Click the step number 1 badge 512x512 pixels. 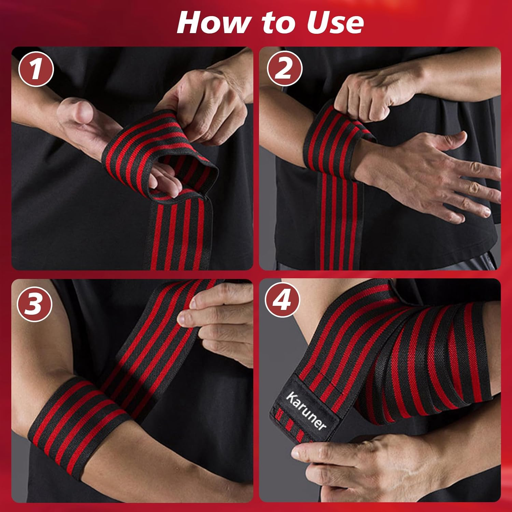pyautogui.click(x=36, y=69)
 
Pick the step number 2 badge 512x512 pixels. pyautogui.click(x=284, y=69)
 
